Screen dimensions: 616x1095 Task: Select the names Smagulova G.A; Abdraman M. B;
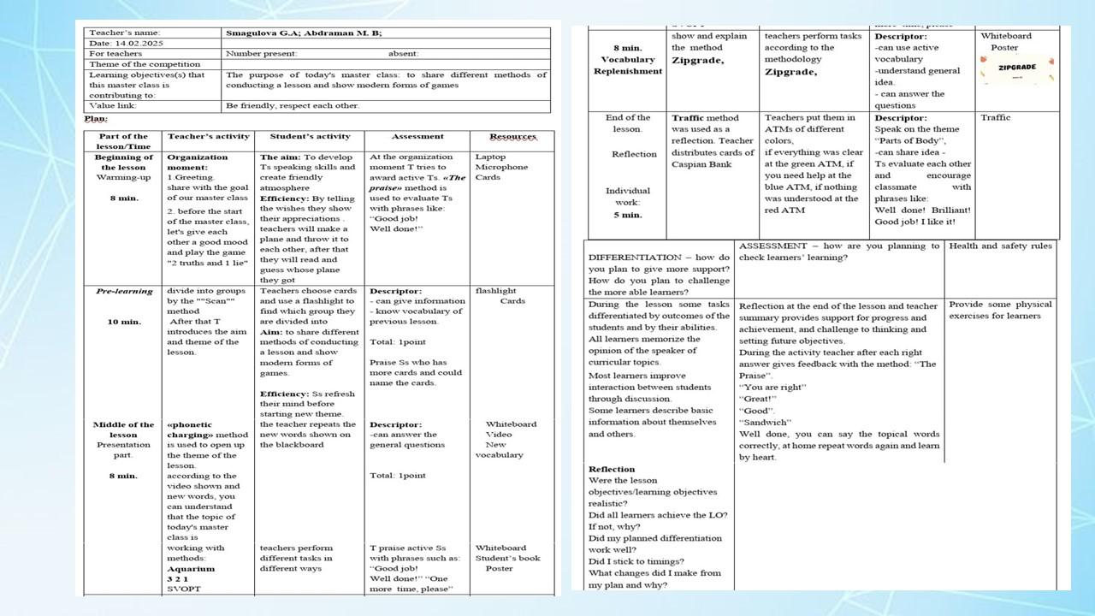(x=303, y=33)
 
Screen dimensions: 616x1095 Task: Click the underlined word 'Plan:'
(x=96, y=119)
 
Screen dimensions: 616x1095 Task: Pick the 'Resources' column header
(x=512, y=137)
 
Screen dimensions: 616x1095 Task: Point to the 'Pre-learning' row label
(x=124, y=291)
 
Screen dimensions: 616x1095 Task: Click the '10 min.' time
(x=124, y=322)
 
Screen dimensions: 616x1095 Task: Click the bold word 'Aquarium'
(x=191, y=568)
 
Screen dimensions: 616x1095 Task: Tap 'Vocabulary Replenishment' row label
(x=627, y=65)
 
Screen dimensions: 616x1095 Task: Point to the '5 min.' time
(x=627, y=215)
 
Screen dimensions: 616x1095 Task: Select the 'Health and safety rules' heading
(x=1000, y=246)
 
